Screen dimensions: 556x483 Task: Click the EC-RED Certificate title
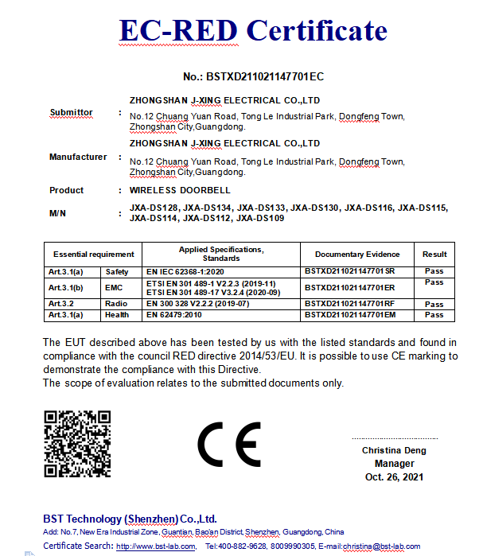[x=253, y=30]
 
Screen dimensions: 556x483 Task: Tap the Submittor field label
[x=71, y=112]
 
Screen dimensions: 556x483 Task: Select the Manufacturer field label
[x=78, y=157]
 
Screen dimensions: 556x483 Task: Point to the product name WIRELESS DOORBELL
[x=179, y=191]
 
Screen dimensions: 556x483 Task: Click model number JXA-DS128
[x=154, y=208]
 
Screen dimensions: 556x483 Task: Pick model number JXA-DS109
[x=260, y=218]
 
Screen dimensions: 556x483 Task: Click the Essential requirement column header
[x=93, y=255]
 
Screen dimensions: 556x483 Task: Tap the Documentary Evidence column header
[x=357, y=255]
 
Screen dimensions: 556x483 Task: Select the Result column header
[x=434, y=255]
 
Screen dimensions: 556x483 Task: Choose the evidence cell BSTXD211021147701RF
[x=350, y=304]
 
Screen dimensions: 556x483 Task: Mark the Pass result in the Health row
[x=434, y=315]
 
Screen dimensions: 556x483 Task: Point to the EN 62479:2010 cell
[x=174, y=315]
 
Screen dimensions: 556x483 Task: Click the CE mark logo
[x=228, y=445]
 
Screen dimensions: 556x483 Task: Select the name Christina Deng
[x=394, y=450]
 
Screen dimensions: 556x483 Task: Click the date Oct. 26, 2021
[x=394, y=477]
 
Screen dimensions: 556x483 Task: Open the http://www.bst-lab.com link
[x=156, y=546]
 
